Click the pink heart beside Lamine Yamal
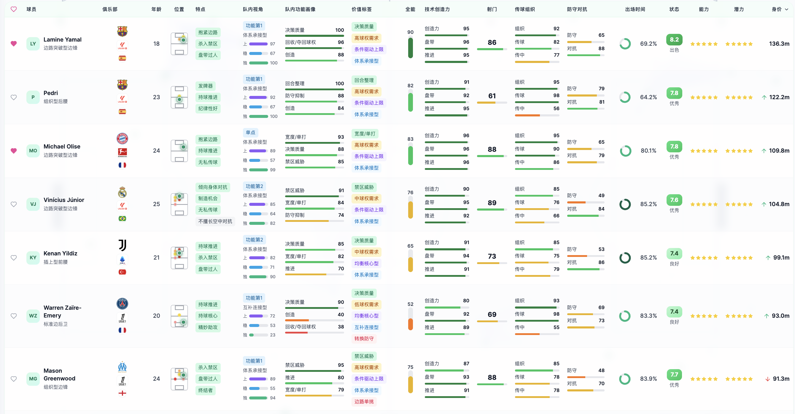coord(14,44)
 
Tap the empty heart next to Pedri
coord(14,97)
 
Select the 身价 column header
coord(777,9)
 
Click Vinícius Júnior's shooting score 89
coord(492,203)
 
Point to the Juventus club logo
coord(123,245)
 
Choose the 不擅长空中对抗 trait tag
coord(215,221)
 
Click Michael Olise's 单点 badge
coord(250,132)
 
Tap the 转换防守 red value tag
coord(364,339)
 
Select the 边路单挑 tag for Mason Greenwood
coord(364,402)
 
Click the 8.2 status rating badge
coord(674,39)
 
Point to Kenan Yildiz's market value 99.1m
coord(781,258)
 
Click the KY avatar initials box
coord(33,258)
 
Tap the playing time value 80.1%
coord(648,151)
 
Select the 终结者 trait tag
coord(205,390)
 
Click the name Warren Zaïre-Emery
coord(63,312)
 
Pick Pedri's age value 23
coord(156,97)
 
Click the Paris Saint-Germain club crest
coord(123,304)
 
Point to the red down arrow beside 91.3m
coord(767,379)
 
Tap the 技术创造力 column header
coord(437,9)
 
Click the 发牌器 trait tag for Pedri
coord(205,86)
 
